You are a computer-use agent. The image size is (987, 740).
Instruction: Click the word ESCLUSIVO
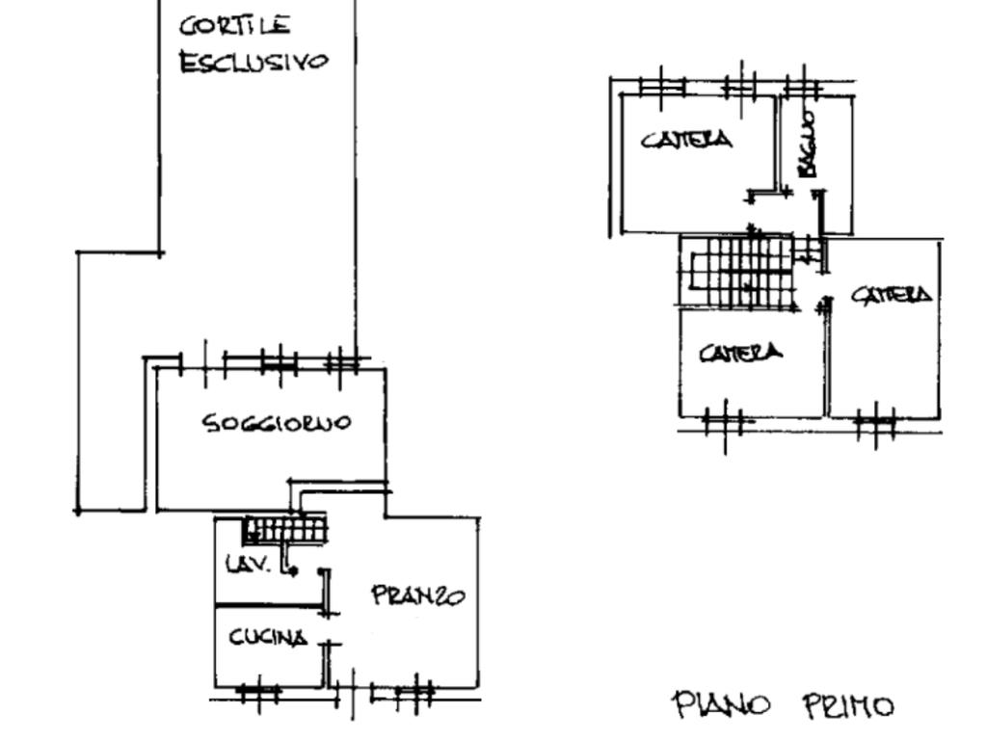point(253,62)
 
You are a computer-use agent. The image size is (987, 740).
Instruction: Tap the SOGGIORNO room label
point(277,422)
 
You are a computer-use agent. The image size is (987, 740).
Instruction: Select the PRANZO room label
point(418,595)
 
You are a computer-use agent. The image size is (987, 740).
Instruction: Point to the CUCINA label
point(269,637)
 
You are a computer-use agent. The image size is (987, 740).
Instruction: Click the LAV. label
point(247,565)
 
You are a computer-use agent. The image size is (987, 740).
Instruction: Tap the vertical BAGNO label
point(808,144)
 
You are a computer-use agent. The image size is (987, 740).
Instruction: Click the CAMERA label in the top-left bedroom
point(686,140)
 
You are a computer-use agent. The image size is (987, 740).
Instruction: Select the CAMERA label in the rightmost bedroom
point(892,294)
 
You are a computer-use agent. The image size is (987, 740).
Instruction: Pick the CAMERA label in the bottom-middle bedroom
point(740,353)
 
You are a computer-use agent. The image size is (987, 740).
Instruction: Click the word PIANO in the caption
point(720,705)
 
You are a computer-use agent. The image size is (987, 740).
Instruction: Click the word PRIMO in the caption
point(848,706)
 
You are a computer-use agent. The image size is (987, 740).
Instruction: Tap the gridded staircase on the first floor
point(744,272)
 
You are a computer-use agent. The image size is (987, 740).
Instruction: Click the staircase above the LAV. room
point(285,529)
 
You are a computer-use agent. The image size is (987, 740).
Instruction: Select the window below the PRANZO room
point(402,690)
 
